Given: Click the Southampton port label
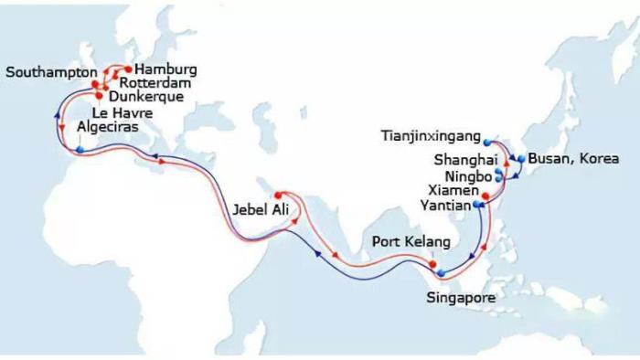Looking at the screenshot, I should [51, 70].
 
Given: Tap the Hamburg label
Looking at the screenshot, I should [166, 69].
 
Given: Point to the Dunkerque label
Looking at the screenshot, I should [146, 95].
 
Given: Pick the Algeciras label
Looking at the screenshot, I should [109, 128].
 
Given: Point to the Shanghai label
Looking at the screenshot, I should [462, 161].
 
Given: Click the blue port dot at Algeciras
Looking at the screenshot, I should [80, 149].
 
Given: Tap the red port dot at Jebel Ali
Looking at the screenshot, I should [278, 195].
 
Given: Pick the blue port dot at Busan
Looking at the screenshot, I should [521, 158].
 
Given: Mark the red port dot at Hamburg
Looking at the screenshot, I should [128, 69].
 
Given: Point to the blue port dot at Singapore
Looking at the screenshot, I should [441, 272].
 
